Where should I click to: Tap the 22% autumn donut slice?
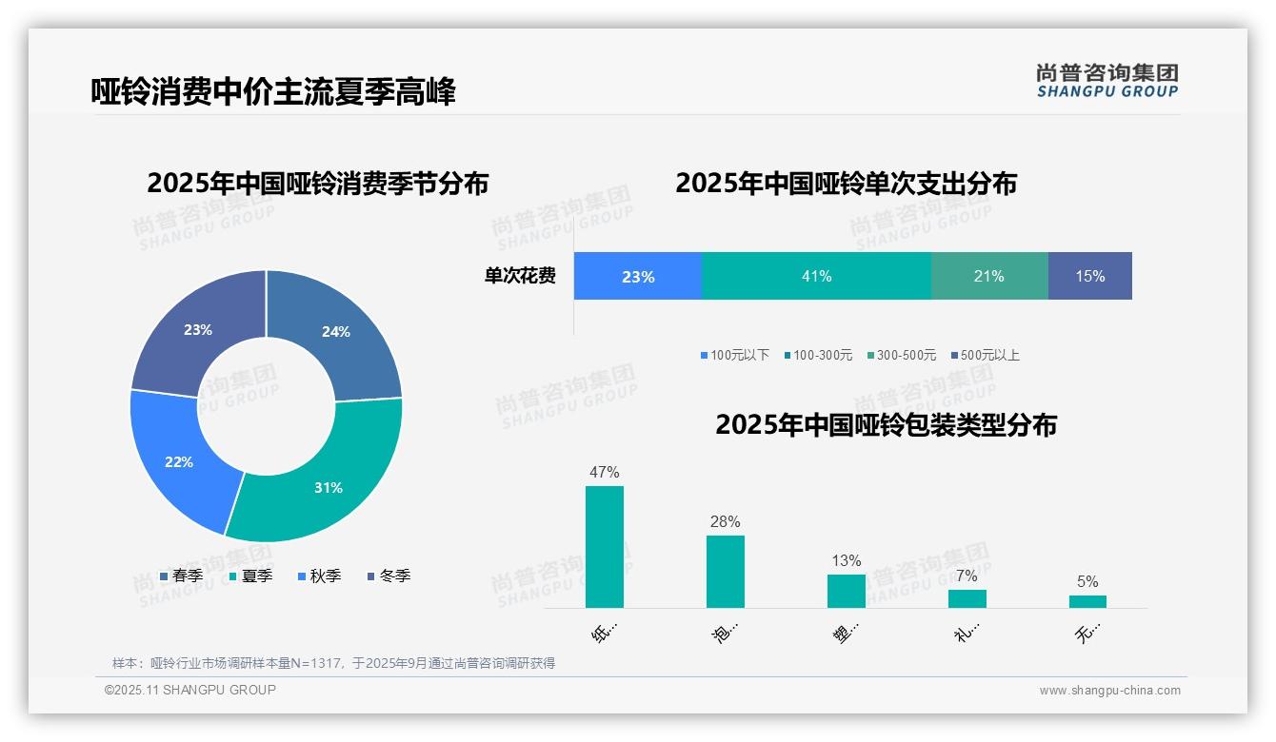click(176, 461)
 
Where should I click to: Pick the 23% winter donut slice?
click(195, 328)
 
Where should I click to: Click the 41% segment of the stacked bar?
click(816, 276)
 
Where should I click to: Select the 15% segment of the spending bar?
click(1090, 276)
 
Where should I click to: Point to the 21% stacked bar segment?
click(989, 276)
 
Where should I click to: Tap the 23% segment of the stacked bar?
click(638, 276)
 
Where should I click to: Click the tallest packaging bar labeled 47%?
click(605, 547)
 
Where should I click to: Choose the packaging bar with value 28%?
click(726, 571)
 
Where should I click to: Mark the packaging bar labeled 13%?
click(847, 591)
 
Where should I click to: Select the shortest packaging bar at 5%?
click(1087, 601)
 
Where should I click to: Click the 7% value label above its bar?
click(967, 576)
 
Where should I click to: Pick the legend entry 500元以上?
click(989, 355)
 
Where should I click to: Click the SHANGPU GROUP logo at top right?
click(1107, 81)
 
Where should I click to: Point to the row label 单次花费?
click(520, 276)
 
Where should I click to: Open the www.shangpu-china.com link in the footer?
click(1109, 691)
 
